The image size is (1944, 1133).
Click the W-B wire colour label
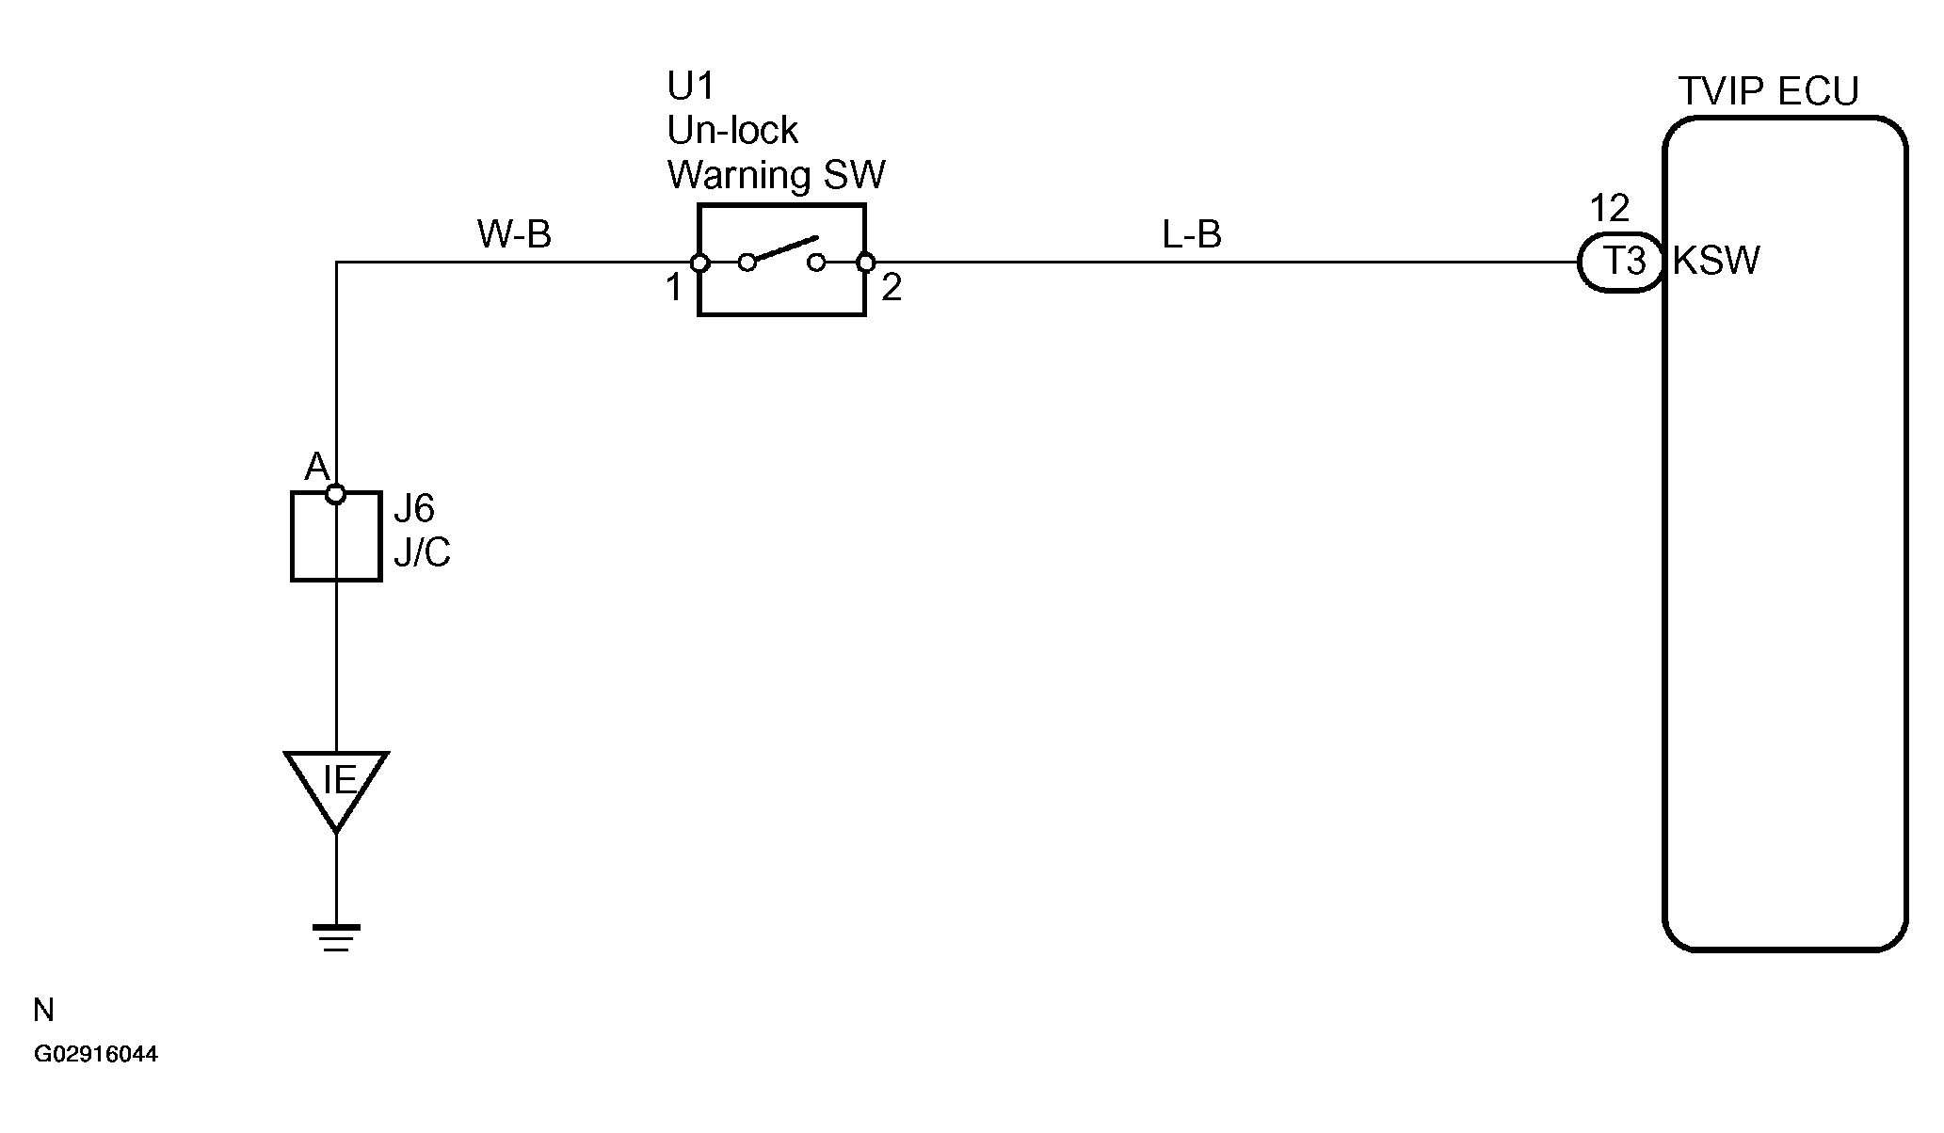(514, 234)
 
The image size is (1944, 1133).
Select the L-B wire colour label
(1192, 234)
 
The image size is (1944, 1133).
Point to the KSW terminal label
(1715, 261)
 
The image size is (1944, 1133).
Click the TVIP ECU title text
(1769, 92)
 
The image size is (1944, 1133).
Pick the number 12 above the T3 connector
(1609, 208)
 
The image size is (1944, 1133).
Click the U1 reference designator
(690, 87)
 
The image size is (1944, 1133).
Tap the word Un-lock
(732, 130)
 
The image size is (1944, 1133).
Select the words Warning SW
(776, 175)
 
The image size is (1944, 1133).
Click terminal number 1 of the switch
(673, 288)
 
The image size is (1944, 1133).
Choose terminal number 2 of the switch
(891, 288)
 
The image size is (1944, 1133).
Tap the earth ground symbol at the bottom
(336, 937)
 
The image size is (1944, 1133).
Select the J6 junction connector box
(336, 536)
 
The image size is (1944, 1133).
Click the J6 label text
(413, 509)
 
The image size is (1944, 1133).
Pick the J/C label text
(422, 553)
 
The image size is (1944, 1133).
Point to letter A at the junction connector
(316, 468)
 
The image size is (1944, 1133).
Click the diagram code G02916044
(96, 1054)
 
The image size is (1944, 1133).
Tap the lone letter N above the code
(43, 1011)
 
